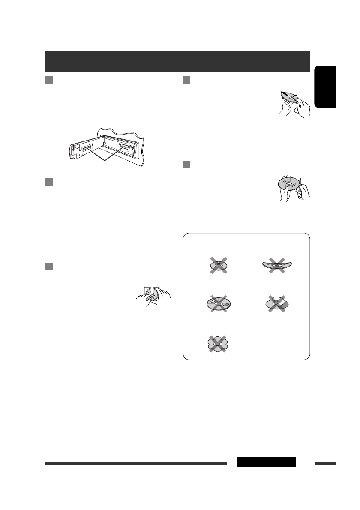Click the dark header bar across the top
coord(177,62)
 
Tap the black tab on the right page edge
coord(325,86)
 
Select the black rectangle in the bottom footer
coord(266,462)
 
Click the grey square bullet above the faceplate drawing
coord(48,80)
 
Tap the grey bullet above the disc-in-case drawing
coord(48,266)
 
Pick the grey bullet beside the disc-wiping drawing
coord(186,80)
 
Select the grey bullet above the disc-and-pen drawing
coord(186,164)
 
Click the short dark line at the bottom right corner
coord(325,463)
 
